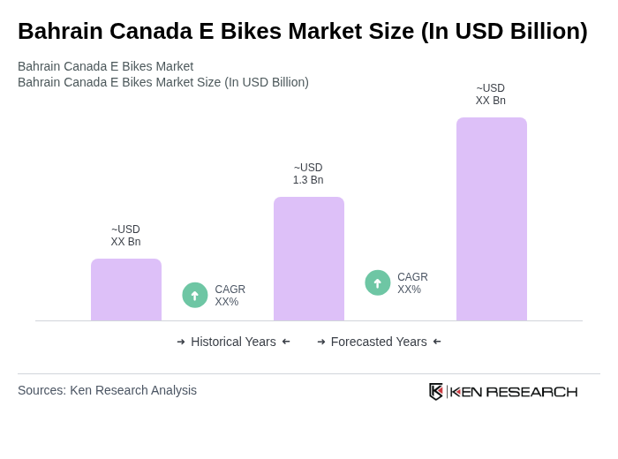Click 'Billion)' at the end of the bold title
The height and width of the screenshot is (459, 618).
[x=546, y=31]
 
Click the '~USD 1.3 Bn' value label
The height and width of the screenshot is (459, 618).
[x=308, y=174]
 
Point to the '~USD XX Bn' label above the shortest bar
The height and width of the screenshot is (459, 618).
[x=125, y=236]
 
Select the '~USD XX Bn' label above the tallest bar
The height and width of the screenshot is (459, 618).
[x=491, y=94]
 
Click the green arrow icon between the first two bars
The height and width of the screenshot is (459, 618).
[x=195, y=295]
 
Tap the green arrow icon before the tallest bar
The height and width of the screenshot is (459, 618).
[x=378, y=282]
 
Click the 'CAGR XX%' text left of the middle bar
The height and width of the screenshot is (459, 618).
[x=230, y=296]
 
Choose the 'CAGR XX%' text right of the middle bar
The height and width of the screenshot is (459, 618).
[x=412, y=283]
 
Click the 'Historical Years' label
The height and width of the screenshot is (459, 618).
[x=233, y=342]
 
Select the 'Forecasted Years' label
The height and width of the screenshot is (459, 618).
[x=379, y=342]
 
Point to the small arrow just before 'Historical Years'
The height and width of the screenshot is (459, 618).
[x=181, y=342]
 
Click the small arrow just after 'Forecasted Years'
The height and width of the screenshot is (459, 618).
[x=437, y=342]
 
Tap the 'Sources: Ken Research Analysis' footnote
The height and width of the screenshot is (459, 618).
[x=107, y=390]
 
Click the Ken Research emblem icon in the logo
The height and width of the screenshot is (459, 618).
[x=436, y=391]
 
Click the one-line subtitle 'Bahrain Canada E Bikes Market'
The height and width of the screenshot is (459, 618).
[x=105, y=66]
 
